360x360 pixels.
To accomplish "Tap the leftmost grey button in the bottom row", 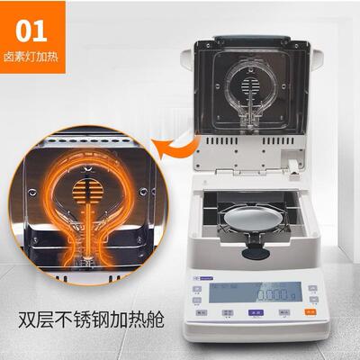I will pos(201,311).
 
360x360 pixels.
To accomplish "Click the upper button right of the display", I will pos(311,288).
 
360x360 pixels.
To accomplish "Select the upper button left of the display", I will pos(198,288).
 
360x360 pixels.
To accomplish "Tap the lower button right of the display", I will pos(311,299).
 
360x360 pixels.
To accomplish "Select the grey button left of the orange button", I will pos(283,311).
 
